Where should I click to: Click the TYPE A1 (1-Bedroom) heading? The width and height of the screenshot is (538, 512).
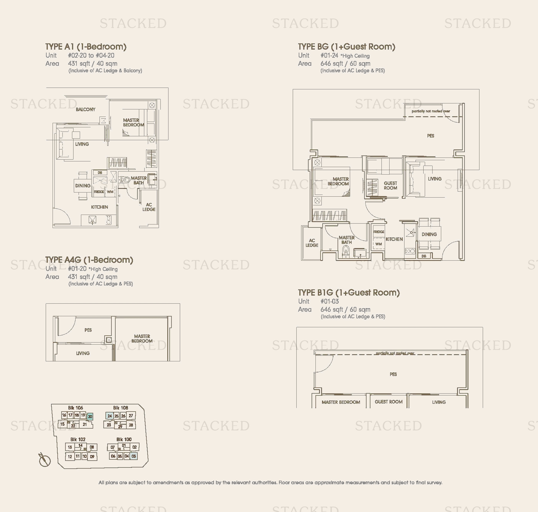(86, 47)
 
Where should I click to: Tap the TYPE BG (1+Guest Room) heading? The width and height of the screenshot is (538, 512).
(347, 47)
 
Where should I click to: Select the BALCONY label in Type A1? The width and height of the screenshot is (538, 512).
(85, 109)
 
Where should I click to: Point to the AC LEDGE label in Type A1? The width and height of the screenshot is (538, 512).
(149, 207)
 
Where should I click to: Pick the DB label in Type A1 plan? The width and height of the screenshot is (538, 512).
(100, 172)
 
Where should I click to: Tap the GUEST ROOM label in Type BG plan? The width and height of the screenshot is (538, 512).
(390, 185)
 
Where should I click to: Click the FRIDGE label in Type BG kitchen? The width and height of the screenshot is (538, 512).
(379, 232)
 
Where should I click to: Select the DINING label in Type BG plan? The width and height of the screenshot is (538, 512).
(429, 234)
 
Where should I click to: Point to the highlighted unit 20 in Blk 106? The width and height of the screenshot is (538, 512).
(90, 416)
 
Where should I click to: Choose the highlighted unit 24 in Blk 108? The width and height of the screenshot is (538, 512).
(109, 416)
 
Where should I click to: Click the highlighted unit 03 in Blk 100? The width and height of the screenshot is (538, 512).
(134, 456)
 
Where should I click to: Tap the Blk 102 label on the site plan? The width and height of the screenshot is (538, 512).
(78, 439)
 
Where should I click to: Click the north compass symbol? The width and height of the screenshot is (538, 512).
(45, 460)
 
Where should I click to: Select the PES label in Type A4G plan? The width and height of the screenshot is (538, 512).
(88, 330)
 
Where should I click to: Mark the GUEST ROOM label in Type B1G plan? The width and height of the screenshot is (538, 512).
(389, 402)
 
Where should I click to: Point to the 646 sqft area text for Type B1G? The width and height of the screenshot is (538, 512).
(345, 309)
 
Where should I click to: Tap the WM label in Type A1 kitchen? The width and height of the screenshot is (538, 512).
(110, 192)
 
